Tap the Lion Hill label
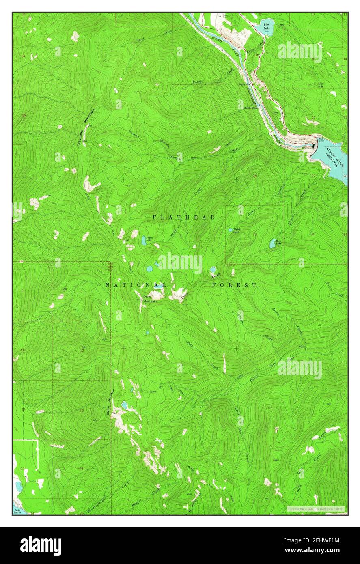coord(321,85)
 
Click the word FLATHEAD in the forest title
coord(184,217)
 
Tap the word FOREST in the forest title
coord(234,285)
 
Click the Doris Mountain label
coord(150,299)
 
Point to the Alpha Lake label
coord(236,231)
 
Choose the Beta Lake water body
coord(273,243)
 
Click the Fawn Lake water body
coord(144,241)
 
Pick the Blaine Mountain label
coord(108,402)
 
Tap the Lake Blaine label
coord(17,511)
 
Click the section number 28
coord(255,176)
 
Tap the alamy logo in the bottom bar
coord(41,545)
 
